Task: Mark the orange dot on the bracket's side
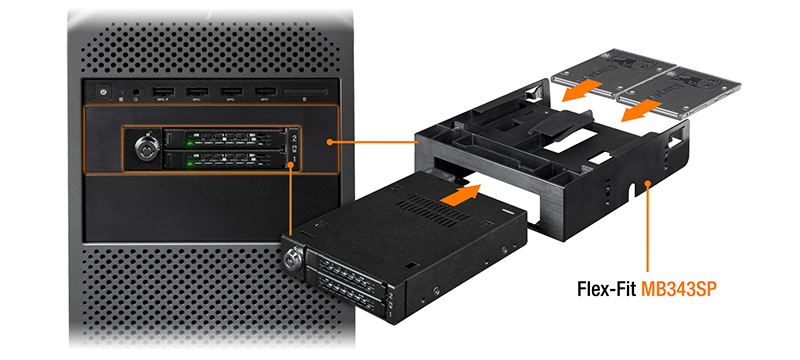coord(648,182)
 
